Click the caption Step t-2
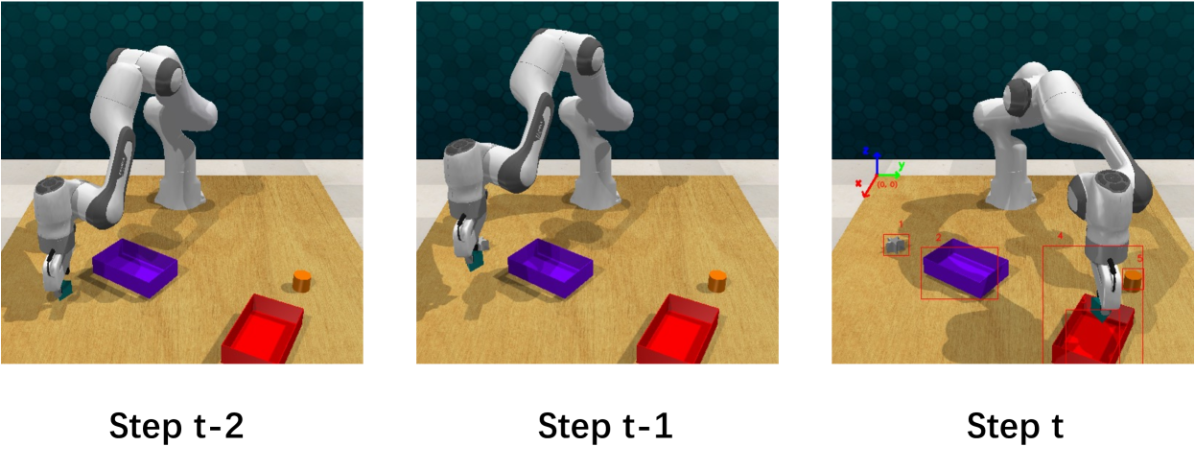pyautogui.click(x=176, y=425)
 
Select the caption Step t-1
pyautogui.click(x=605, y=425)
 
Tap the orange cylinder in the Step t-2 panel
pyautogui.click(x=302, y=281)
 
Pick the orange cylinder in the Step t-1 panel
pyautogui.click(x=717, y=281)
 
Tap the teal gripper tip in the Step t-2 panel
pyautogui.click(x=64, y=289)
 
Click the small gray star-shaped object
pyautogui.click(x=897, y=246)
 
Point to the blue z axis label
pyautogui.click(x=865, y=152)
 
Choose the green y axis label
pyautogui.click(x=902, y=166)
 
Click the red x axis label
pyautogui.click(x=858, y=182)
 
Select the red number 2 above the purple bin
pyautogui.click(x=938, y=237)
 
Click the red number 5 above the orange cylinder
pyautogui.click(x=1138, y=258)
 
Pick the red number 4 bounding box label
pyautogui.click(x=1060, y=235)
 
